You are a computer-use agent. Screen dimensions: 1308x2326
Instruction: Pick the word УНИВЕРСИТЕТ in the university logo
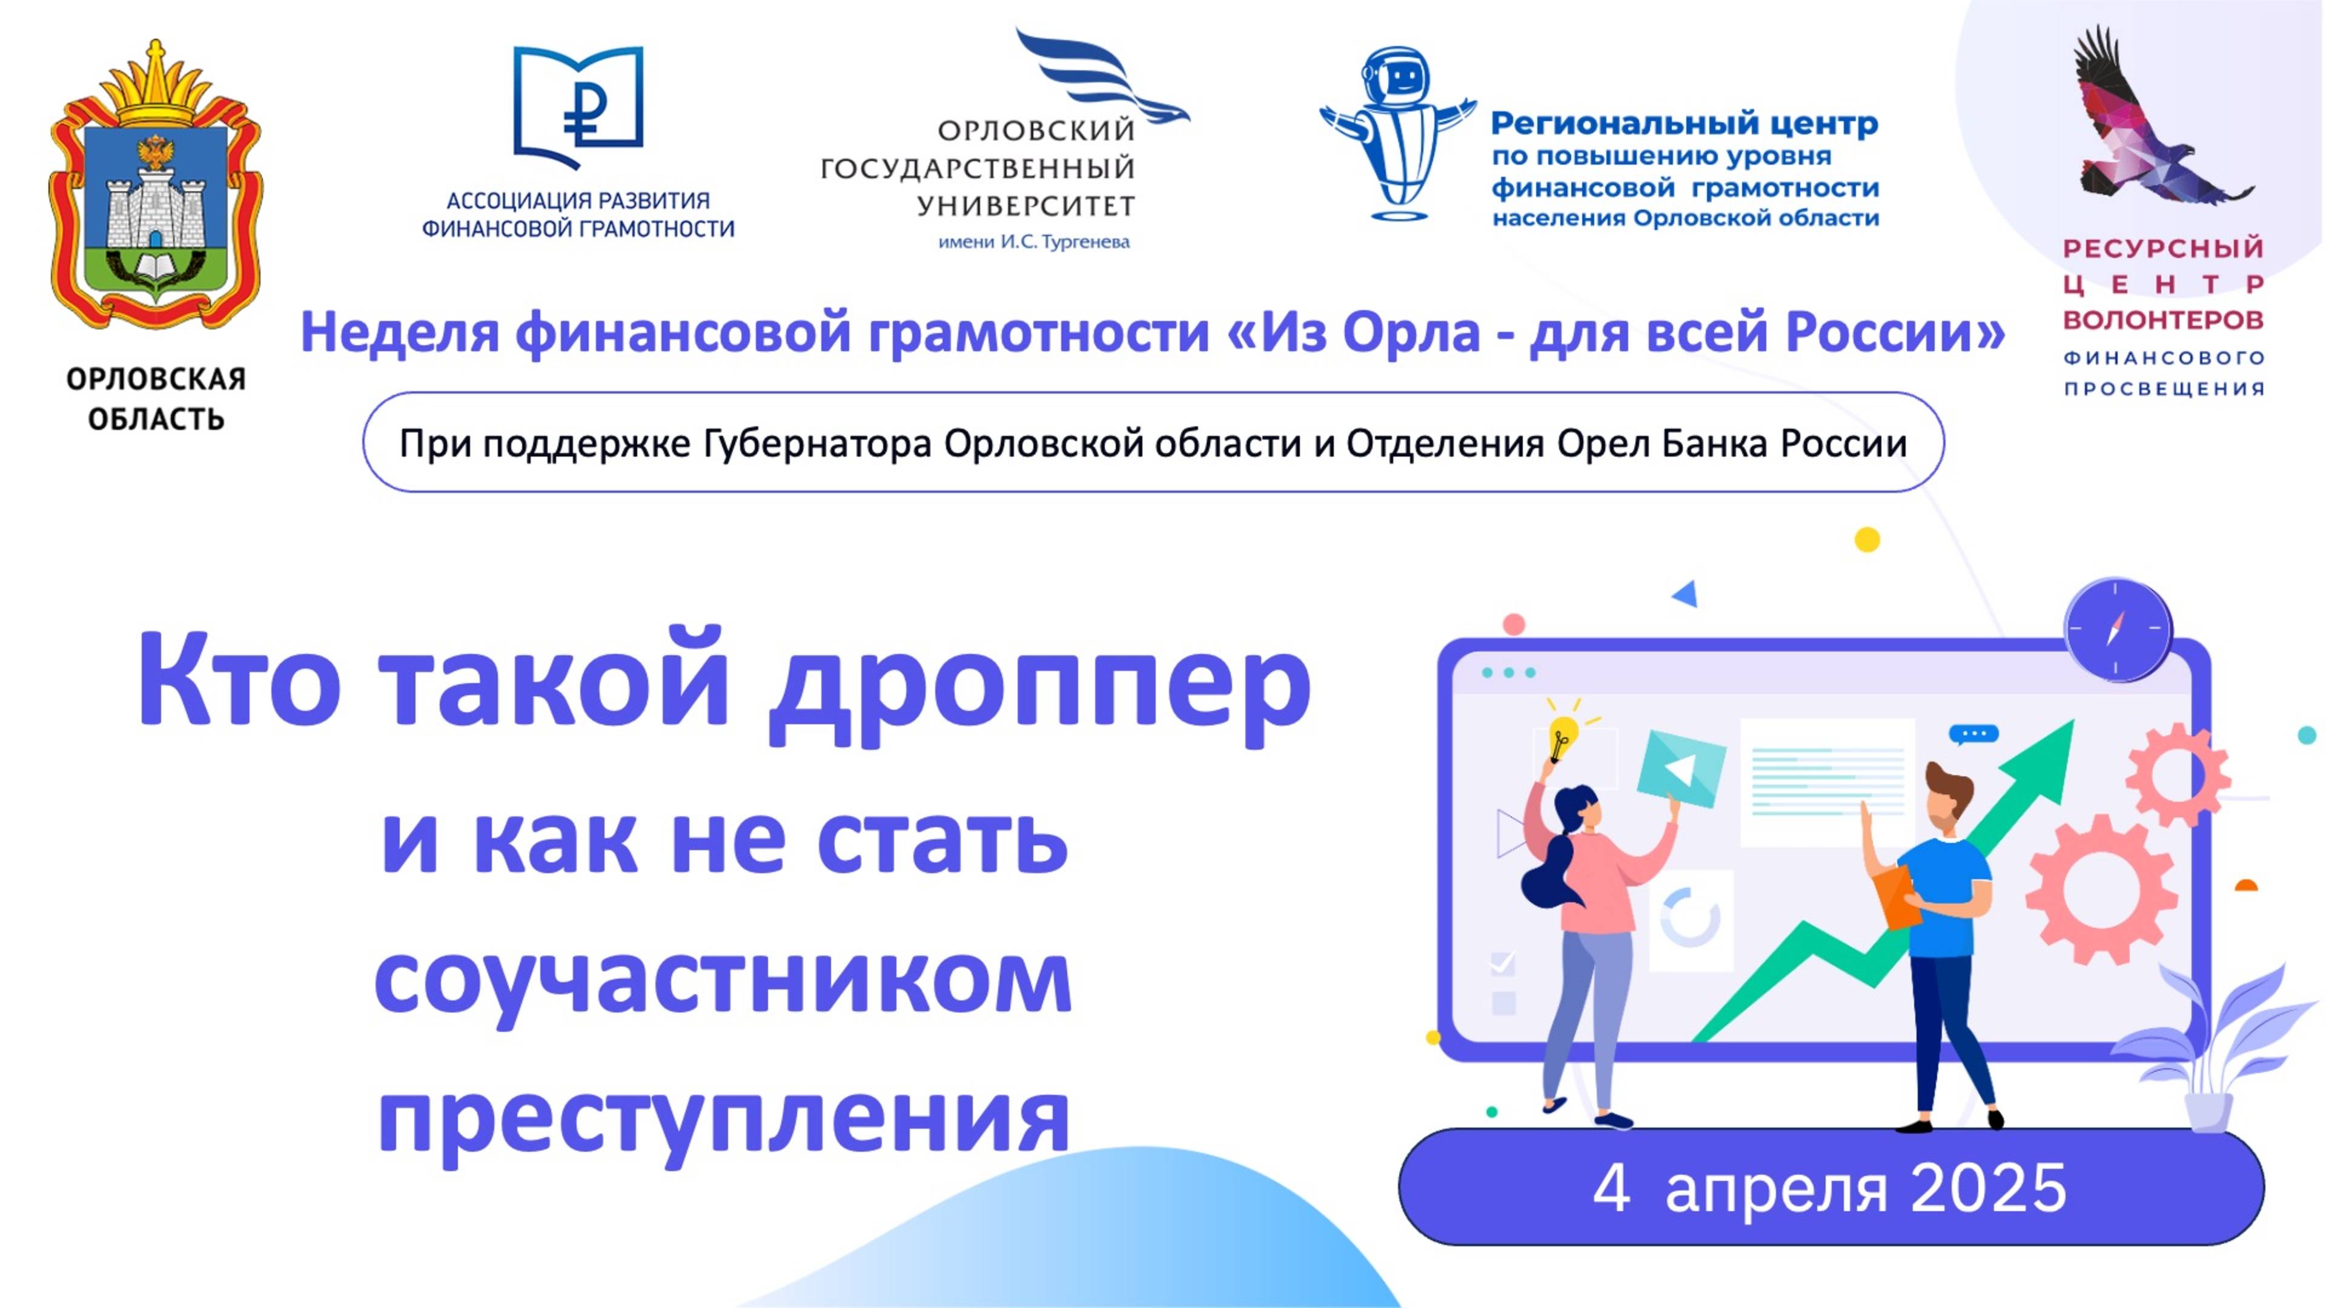pyautogui.click(x=1025, y=206)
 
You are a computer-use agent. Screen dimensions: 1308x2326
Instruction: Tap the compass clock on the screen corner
pyautogui.click(x=2118, y=629)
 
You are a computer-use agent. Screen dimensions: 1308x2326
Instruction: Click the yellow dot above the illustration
pyautogui.click(x=1867, y=540)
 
